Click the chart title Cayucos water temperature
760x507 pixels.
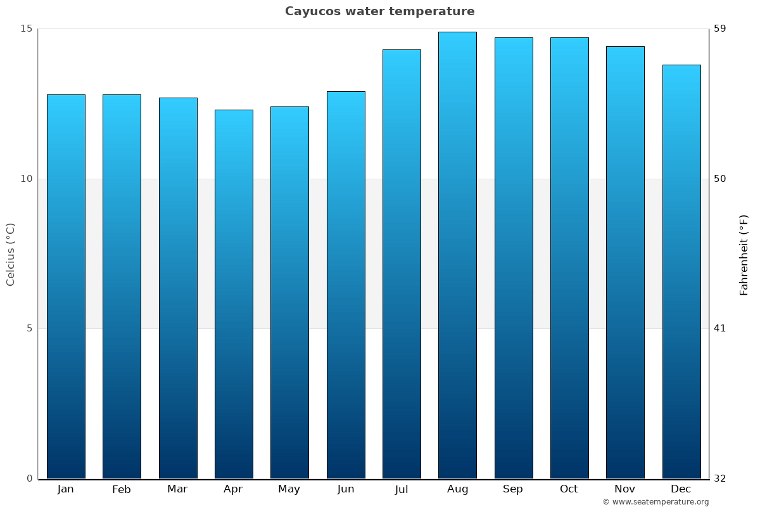(x=379, y=11)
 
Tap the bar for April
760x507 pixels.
(x=234, y=294)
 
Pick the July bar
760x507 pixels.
(x=402, y=264)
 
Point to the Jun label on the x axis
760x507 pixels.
(x=346, y=489)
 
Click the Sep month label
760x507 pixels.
(x=513, y=489)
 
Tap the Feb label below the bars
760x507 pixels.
(x=122, y=489)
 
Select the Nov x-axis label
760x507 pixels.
(x=625, y=489)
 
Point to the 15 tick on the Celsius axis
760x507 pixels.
(x=26, y=29)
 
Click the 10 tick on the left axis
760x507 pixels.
(x=26, y=179)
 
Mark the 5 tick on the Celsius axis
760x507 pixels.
(x=28, y=328)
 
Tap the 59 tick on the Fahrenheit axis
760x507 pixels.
(x=720, y=29)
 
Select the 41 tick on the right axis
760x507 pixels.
(x=720, y=328)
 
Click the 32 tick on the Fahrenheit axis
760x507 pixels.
(x=720, y=478)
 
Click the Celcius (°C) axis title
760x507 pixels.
(x=11, y=254)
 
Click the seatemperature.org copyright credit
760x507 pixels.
(x=655, y=502)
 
